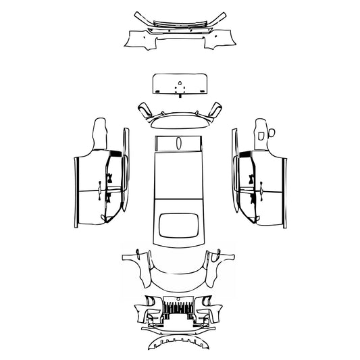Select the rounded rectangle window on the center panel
pyautogui.click(x=179, y=227)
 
